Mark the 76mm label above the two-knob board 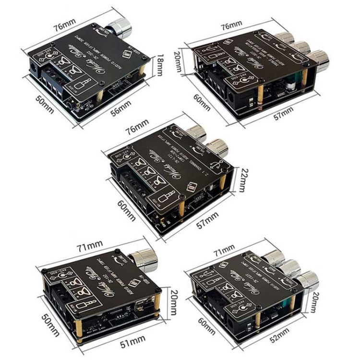click(135, 127)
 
